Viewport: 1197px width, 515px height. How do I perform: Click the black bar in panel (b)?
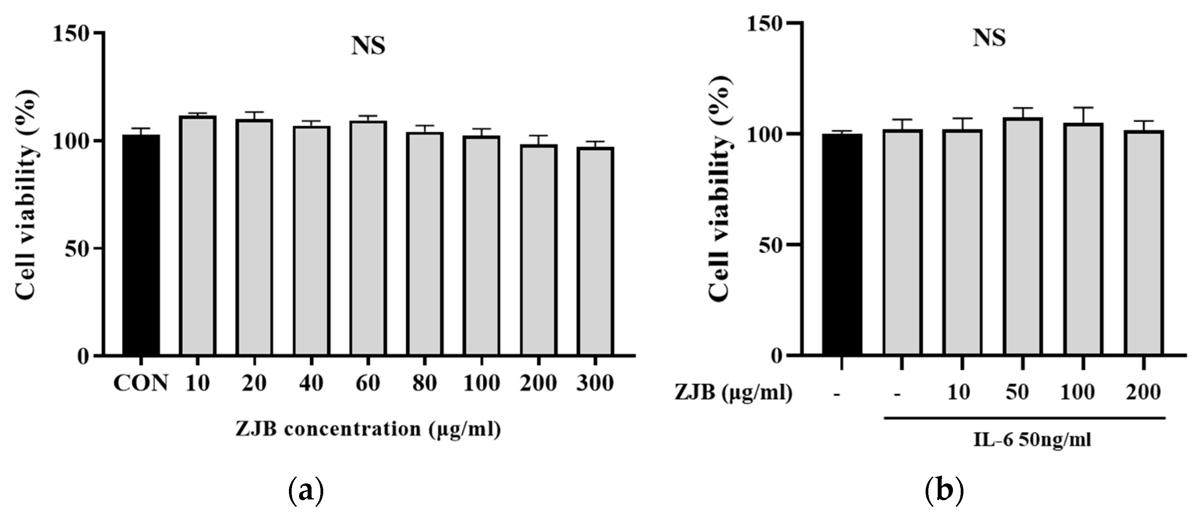click(x=841, y=245)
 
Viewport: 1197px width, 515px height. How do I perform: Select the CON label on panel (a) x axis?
click(x=141, y=384)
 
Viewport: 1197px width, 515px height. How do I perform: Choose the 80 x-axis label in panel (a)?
click(x=425, y=384)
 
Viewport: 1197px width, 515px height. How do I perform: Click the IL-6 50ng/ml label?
click(x=1032, y=439)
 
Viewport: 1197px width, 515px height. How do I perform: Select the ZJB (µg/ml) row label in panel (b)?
click(x=733, y=393)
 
